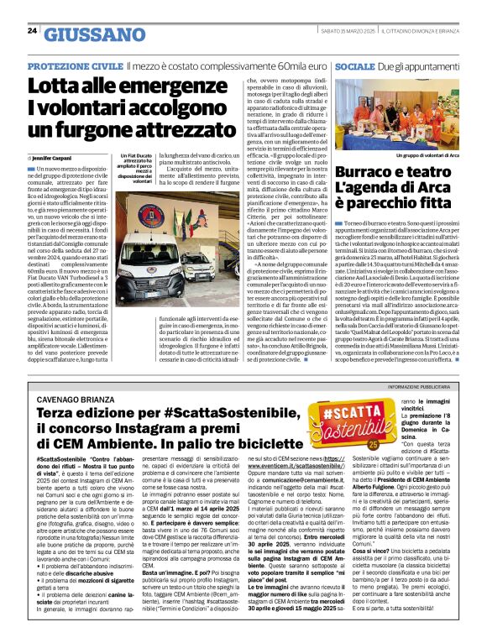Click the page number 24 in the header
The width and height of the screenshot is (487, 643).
tap(32, 30)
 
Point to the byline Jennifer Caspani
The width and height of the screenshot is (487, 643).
tap(58, 158)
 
